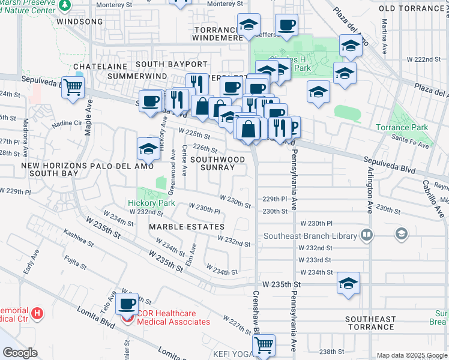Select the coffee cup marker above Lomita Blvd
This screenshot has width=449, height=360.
click(x=127, y=305)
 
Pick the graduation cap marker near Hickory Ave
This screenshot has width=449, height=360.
click(x=148, y=148)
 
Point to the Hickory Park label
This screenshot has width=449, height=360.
click(x=151, y=203)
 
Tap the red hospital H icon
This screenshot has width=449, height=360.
click(x=37, y=313)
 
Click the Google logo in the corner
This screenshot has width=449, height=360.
click(x=20, y=353)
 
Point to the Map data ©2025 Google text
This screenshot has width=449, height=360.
click(x=411, y=355)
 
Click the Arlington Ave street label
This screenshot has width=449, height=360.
click(x=369, y=190)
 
